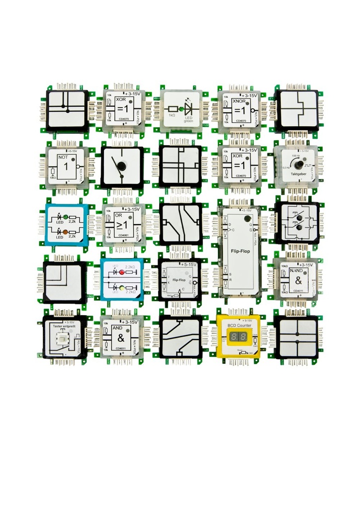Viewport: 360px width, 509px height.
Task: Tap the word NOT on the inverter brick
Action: coord(63,157)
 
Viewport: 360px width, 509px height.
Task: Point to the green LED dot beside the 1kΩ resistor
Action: coord(182,108)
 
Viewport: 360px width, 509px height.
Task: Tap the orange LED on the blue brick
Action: coord(65,232)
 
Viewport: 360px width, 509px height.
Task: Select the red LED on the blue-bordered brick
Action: coord(121,272)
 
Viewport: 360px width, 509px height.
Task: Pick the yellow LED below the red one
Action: coord(121,288)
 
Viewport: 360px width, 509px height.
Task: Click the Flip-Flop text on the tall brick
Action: coord(240,251)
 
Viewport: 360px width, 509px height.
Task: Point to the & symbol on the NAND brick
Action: coord(298,281)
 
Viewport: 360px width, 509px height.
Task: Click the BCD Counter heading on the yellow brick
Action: coord(239,325)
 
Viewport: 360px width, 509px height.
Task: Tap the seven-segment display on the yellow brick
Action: coord(239,338)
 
